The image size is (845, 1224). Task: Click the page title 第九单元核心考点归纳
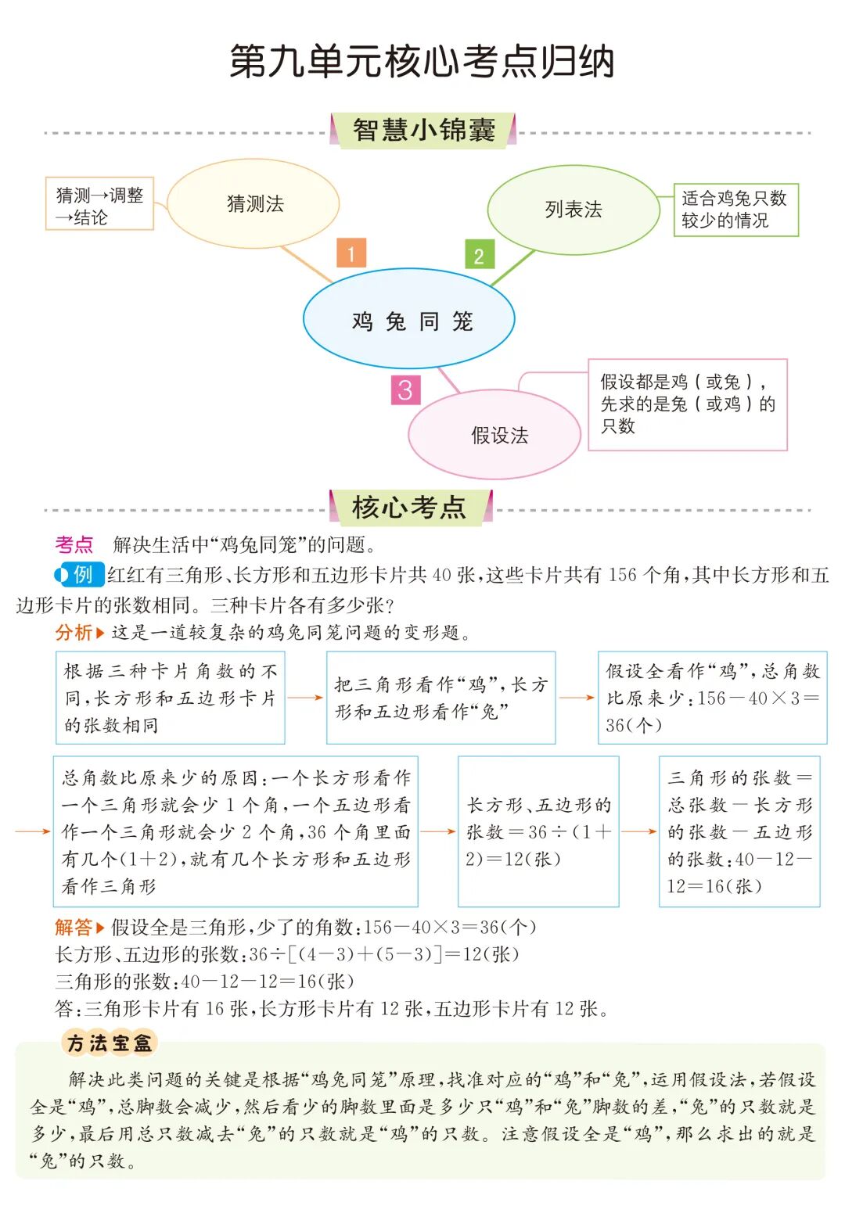click(x=422, y=62)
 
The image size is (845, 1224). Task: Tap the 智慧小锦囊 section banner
click(x=423, y=130)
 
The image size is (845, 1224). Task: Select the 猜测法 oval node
click(x=254, y=204)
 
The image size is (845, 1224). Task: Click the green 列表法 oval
click(x=574, y=210)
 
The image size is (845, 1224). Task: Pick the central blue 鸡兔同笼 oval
click(x=409, y=321)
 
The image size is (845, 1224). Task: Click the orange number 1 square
click(x=351, y=253)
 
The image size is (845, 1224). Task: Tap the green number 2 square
click(x=479, y=255)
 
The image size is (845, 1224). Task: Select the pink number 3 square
click(x=405, y=389)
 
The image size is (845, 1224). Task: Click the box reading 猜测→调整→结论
click(x=100, y=205)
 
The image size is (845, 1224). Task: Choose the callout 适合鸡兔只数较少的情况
click(x=735, y=210)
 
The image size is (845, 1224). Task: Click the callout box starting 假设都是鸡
click(x=687, y=404)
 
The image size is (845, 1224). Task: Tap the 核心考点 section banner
click(x=410, y=508)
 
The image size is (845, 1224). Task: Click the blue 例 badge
click(x=81, y=575)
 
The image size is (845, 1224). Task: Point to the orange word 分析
click(x=74, y=633)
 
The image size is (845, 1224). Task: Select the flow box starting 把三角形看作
click(x=441, y=698)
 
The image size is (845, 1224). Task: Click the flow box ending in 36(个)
click(x=712, y=698)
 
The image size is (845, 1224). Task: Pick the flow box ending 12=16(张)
click(x=739, y=831)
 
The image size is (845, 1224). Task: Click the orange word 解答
click(x=74, y=928)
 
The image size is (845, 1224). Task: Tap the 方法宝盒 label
click(x=110, y=1043)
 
